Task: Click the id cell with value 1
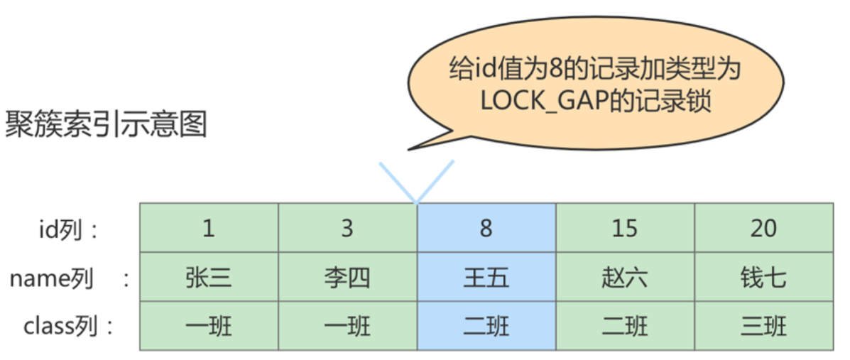208,228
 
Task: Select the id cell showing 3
347,228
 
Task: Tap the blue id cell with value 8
486,228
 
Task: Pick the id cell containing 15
625,228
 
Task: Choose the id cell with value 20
763,228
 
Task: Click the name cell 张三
208,277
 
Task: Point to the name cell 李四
347,277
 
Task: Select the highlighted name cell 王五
486,277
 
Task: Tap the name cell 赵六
625,277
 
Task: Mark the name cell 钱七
763,277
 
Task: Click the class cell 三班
763,326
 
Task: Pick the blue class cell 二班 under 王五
486,326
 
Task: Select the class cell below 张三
208,326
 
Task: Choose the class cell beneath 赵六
625,326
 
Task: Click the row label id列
68,229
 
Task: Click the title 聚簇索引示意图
107,125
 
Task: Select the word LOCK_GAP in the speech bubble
541,101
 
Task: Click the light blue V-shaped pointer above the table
416,182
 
